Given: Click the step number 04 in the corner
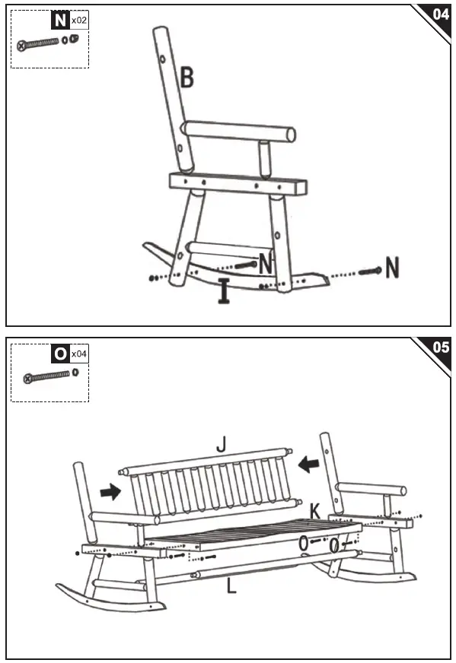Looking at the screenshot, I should [440, 14].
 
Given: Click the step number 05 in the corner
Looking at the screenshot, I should [440, 347].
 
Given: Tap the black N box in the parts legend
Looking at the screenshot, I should [59, 21].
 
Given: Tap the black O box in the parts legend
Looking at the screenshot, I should [59, 354].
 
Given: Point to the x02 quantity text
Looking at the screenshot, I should [78, 21].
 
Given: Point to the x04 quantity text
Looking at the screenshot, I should [78, 354].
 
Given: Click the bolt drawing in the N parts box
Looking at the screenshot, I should [43, 44].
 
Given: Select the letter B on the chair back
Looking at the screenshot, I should [187, 78].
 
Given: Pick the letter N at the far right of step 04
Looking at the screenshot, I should [393, 267].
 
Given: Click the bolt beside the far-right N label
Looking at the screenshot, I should [370, 271].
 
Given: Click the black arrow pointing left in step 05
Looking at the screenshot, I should [308, 462].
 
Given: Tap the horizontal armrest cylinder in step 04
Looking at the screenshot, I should [239, 131].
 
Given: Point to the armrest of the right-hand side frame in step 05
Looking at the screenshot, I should [373, 489].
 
